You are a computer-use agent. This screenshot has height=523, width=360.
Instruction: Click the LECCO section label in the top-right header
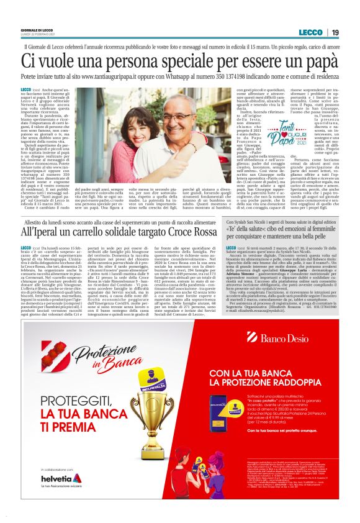coord(310,32)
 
